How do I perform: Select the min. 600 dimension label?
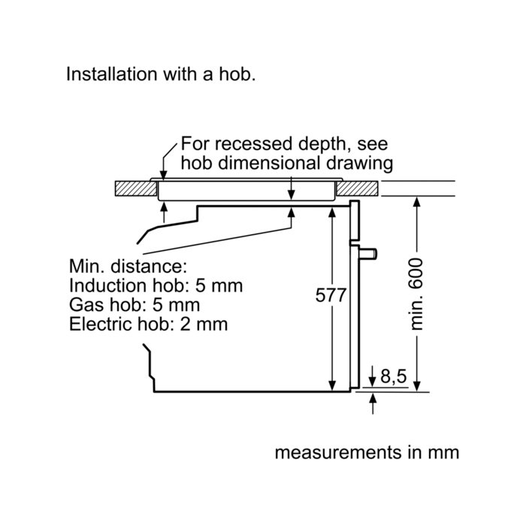(x=419, y=294)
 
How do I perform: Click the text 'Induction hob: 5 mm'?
(x=156, y=286)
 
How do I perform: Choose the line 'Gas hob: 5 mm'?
(x=135, y=305)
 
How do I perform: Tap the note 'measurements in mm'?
(x=366, y=453)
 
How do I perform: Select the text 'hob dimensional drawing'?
(x=286, y=162)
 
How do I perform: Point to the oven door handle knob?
(x=371, y=253)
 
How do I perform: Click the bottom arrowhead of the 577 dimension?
(x=332, y=385)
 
